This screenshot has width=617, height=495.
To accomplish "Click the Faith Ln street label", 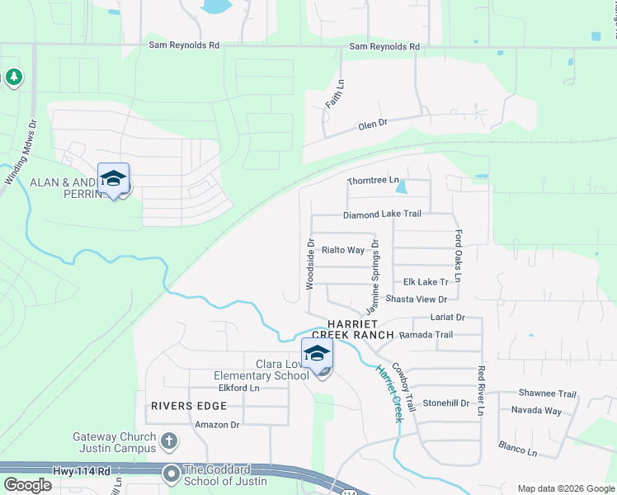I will click(334, 98).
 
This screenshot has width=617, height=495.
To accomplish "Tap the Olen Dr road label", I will click(372, 124).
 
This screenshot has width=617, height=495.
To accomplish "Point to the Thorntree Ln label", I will click(373, 180).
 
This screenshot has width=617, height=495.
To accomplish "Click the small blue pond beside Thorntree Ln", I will click(401, 187).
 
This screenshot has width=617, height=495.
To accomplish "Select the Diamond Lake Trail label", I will click(383, 214).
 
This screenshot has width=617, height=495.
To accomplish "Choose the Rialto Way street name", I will click(342, 250).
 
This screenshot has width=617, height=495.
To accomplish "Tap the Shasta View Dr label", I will click(416, 299).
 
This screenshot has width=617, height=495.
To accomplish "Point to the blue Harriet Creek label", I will click(389, 394).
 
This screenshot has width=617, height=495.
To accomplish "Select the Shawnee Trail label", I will click(547, 394).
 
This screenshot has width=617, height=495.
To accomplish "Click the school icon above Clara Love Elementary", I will click(316, 354).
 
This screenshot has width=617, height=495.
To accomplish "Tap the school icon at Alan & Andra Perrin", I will click(113, 178).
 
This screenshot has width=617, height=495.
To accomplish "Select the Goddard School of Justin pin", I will click(172, 474).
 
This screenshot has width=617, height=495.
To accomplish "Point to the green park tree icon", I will click(13, 78).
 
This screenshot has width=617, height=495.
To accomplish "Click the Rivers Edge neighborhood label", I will click(188, 406).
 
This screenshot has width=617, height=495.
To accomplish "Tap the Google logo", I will click(27, 485).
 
